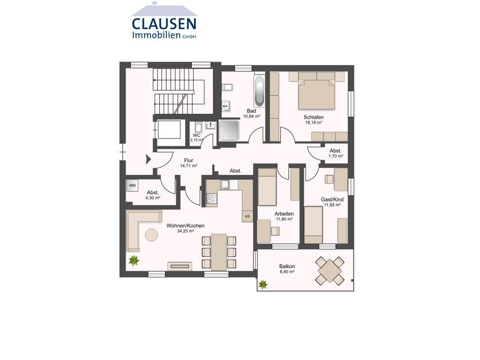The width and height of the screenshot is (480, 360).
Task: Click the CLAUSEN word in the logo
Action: point(164,24)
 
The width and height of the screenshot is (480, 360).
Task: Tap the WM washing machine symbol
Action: point(132,186)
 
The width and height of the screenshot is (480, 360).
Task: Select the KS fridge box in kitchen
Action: point(247,216)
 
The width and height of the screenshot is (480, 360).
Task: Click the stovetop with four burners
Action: point(211,199)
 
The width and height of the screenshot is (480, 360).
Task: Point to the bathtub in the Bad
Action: point(259,91)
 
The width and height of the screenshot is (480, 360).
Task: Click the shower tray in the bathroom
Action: point(229,130)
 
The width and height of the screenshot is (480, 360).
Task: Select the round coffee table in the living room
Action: point(151,235)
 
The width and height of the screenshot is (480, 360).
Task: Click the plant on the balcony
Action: point(262,285)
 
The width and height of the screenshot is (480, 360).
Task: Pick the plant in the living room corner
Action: point(134,261)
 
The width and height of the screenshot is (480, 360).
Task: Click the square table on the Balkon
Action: point(330,271)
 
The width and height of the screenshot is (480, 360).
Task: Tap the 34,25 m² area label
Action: point(186,231)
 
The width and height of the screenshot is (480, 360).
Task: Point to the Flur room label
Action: point(188,160)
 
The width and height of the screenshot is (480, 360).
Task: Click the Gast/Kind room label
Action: point(332,200)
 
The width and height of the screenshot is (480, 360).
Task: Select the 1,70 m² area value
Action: point(336,156)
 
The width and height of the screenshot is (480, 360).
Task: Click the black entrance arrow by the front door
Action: point(149,159)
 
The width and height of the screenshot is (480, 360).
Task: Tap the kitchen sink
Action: point(225,184)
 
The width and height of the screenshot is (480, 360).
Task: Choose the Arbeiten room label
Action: point(284,214)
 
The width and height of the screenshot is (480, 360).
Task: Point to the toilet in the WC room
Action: point(198,127)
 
